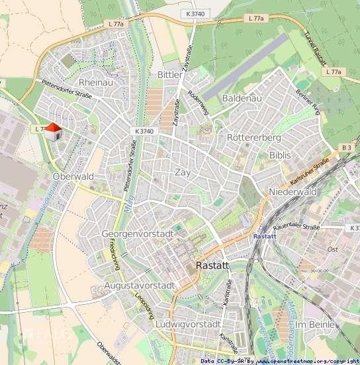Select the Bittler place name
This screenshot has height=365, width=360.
(169, 75)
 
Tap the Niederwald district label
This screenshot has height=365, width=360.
(293, 192)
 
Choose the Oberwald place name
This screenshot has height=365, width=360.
(73, 177)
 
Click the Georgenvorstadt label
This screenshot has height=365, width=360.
(138, 234)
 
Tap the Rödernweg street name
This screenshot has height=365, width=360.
(199, 102)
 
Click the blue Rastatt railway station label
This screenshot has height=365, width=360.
(265, 235)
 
